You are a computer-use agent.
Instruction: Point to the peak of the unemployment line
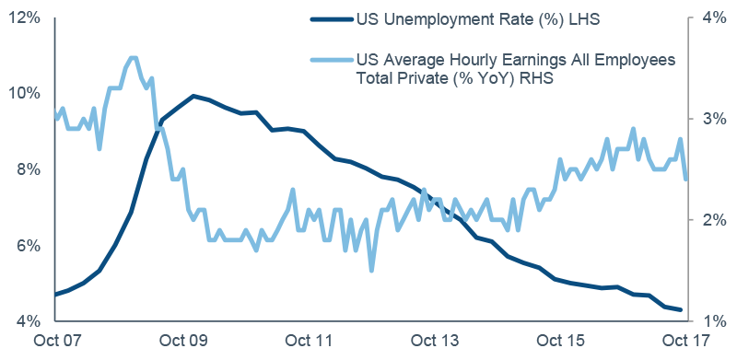tap(193, 96)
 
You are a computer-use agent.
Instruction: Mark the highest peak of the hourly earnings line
tap(134, 58)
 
